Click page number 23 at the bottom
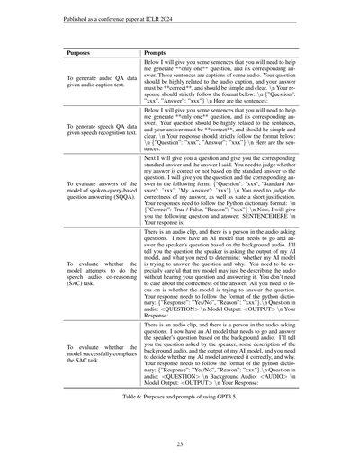(180, 443)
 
